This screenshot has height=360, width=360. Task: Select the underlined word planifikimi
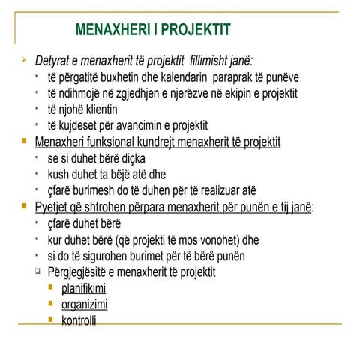click(x=83, y=289)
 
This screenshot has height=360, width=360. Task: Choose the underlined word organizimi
click(x=84, y=304)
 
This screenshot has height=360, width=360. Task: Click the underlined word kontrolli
click(x=79, y=321)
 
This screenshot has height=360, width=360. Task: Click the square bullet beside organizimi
click(x=51, y=304)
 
